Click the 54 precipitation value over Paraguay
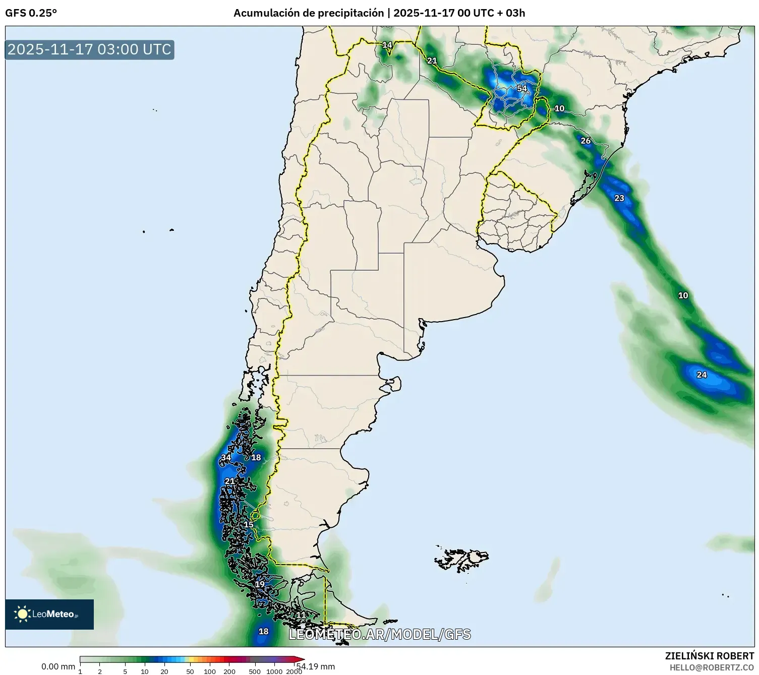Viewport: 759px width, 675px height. [x=521, y=89]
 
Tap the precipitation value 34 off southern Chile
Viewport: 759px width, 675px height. [x=226, y=458]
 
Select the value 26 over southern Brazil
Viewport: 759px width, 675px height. [x=586, y=141]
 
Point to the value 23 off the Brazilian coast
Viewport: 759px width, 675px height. [x=619, y=198]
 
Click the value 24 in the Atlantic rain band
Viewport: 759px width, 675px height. [x=702, y=375]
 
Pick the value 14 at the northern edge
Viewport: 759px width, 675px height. [x=387, y=45]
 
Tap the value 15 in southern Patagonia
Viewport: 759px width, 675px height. [x=249, y=525]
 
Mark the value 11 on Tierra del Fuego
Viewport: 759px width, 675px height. [x=301, y=615]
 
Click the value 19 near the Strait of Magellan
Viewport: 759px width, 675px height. [x=260, y=585]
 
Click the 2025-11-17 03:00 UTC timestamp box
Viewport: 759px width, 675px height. [x=90, y=49]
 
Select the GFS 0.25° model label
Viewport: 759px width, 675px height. [x=31, y=13]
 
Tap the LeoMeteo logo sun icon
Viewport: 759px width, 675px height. [x=22, y=613]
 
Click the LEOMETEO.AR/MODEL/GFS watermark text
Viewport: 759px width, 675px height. [x=380, y=634]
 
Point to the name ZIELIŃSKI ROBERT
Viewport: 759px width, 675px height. [x=710, y=656]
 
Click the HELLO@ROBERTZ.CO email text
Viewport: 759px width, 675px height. [x=712, y=667]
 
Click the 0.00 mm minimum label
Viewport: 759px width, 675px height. [x=58, y=666]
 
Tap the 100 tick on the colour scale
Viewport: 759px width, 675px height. [x=210, y=671]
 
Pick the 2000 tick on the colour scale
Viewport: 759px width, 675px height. [x=294, y=671]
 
